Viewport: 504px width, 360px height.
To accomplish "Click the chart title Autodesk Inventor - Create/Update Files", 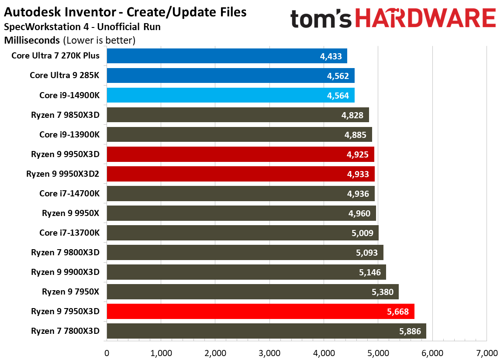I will tap(125, 12).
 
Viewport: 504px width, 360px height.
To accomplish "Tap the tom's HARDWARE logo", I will tap(393, 20).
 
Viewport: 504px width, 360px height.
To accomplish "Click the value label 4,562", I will tap(338, 76).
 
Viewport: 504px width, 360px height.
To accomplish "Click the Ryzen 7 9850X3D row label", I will tap(65, 115).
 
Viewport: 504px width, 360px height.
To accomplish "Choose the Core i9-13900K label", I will tap(69, 134).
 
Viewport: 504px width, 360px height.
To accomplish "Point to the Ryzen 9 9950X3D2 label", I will tap(62, 174).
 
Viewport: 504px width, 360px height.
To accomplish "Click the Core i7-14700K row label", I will tap(69, 193).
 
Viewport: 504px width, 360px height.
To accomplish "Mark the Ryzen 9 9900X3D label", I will tap(65, 272).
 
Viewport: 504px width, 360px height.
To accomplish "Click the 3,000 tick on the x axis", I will tap(269, 353).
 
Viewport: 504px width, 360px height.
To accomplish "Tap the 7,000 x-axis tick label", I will tap(486, 353).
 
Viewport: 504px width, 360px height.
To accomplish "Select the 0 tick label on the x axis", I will tap(107, 353).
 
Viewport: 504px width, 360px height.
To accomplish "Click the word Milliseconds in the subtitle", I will tap(31, 41).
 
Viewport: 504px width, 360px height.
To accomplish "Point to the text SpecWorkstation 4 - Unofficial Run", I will tap(82, 27).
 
